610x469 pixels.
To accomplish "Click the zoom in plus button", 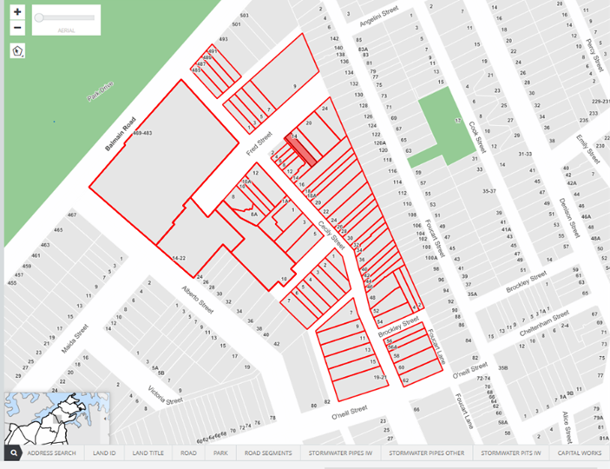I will tap(17, 13).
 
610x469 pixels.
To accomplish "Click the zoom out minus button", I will tap(17, 28).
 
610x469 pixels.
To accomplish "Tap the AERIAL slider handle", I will tap(40, 17).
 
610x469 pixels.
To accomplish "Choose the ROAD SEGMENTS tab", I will tap(267, 453).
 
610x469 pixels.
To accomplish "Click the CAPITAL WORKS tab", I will tap(580, 453).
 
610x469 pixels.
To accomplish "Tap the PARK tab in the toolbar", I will tap(220, 453).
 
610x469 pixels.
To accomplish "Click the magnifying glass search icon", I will tap(14, 453).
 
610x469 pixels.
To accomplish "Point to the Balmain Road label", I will tap(121, 134).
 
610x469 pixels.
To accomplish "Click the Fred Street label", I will tap(259, 144).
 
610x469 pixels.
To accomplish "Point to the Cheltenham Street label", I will tap(542, 325).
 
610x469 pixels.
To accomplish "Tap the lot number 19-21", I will tap(378, 379).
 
